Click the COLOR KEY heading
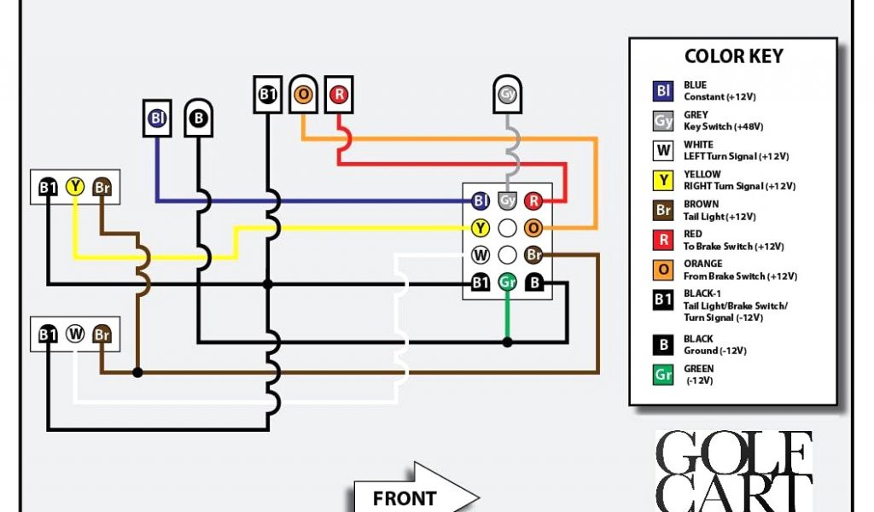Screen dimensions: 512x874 tap(733, 56)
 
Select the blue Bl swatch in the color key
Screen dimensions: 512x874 tap(663, 91)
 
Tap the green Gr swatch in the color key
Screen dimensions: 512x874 tap(663, 375)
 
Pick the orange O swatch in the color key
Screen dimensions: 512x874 tap(663, 271)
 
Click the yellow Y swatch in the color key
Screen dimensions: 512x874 tap(663, 181)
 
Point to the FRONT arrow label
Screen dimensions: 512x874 tap(405, 497)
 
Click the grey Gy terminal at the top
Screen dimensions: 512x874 tap(508, 93)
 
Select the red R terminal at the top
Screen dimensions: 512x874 tap(339, 94)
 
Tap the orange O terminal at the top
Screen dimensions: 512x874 tap(303, 94)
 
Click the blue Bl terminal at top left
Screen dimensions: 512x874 tap(156, 119)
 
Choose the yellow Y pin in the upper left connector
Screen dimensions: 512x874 tap(75, 187)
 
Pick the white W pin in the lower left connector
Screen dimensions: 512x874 tap(75, 334)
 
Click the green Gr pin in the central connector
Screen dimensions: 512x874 tap(508, 282)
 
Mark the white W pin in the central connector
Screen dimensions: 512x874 tap(481, 254)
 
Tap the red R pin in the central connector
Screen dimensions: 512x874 tap(533, 201)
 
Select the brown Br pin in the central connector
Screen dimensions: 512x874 tap(533, 254)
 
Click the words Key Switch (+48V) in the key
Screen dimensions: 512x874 tap(723, 126)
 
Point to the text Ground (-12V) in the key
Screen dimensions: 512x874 tap(715, 351)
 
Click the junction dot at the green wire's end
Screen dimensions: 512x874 tap(508, 342)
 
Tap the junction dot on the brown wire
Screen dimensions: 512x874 tap(137, 372)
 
